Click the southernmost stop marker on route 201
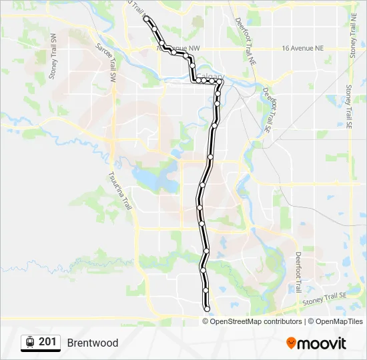(208, 307)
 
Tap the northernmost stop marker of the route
(147, 19)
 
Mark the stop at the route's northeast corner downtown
(220, 81)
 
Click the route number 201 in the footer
(47, 342)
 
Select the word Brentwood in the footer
(93, 343)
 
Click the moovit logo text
(322, 343)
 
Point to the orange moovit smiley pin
(292, 343)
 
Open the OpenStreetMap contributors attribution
(256, 321)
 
